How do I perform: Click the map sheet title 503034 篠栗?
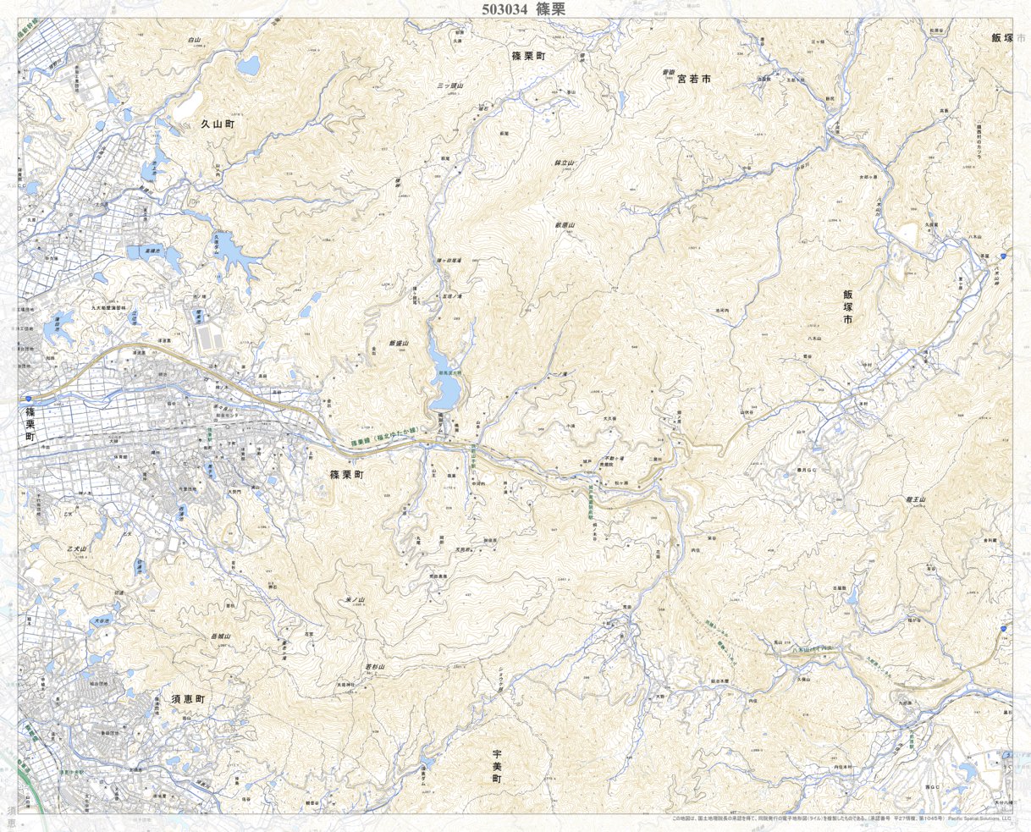click(x=522, y=9)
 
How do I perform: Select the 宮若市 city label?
click(x=692, y=77)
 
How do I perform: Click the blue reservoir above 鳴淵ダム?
click(x=445, y=381)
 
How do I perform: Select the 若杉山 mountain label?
click(x=375, y=667)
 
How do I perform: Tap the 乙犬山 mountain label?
click(x=76, y=549)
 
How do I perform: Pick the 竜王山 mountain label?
click(x=916, y=501)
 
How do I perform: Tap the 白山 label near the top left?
click(x=195, y=40)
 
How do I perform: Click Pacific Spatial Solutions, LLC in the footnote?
click(x=980, y=818)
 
